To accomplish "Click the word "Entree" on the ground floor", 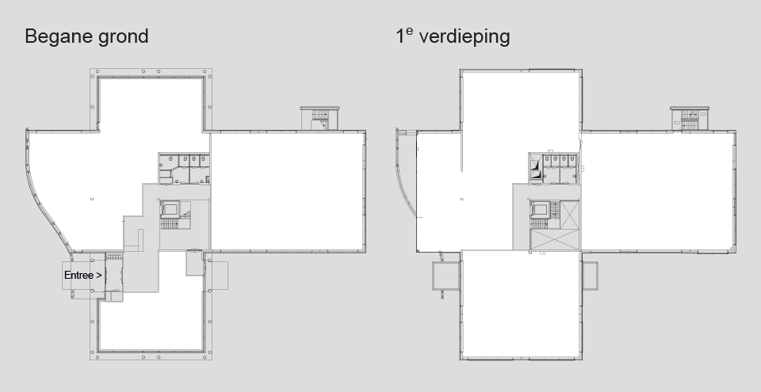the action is coord(78,275).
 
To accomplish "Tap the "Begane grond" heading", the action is coord(86,36).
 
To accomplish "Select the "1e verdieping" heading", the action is coord(453,36).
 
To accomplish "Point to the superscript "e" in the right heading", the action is coord(410,31).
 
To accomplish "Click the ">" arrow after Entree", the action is coord(99,275).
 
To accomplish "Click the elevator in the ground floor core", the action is coord(170,209).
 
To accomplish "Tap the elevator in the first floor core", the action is coord(540,210).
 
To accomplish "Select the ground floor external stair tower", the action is coord(319,118).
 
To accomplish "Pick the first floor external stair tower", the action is coord(689,118).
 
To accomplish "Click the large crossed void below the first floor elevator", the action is coord(555,240).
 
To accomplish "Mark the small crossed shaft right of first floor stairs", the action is coord(570,215).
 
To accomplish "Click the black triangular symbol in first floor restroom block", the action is coord(535,169).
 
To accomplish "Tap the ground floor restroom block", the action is coord(184,169).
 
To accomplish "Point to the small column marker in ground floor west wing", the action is coord(92,199).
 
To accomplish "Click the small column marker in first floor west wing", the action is coord(462,199).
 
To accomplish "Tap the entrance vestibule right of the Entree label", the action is coord(113,275).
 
